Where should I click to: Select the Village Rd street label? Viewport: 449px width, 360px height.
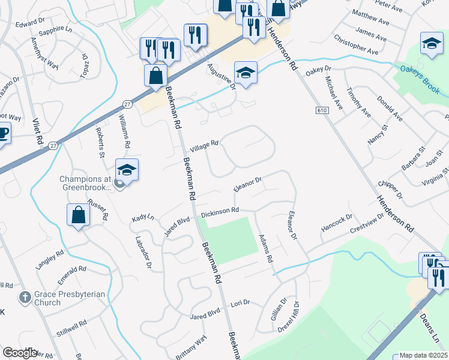pos(204,146)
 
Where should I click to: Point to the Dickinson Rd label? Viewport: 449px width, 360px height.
pos(220,212)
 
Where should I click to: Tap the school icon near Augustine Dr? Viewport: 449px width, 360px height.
pos(246,73)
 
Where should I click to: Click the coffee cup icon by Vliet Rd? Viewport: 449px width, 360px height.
pos(2,133)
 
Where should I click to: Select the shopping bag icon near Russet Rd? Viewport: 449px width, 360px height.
pos(78,214)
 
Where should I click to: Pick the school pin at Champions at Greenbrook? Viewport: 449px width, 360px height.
pos(127,170)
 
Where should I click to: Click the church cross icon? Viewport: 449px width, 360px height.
pos(25,296)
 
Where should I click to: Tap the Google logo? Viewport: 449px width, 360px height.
pos(19,352)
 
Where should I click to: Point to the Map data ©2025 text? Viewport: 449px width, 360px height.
pos(424,355)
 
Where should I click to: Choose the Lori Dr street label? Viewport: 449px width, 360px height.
pos(240,307)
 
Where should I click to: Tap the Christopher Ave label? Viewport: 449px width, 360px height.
pos(356,47)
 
